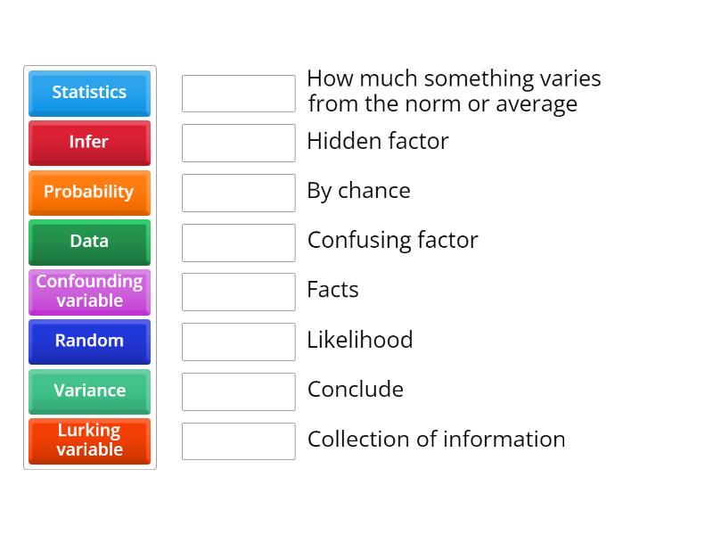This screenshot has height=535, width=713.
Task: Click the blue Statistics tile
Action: (89, 93)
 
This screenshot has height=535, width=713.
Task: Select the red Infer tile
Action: (89, 143)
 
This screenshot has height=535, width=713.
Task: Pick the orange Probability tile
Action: (89, 193)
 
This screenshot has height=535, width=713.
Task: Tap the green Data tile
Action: (89, 242)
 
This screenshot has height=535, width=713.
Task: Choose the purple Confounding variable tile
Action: (89, 292)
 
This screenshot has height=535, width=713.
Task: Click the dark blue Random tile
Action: (89, 342)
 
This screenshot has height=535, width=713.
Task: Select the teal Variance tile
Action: (89, 391)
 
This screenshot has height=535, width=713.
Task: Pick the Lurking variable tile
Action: (89, 440)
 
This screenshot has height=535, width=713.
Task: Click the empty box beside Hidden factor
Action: (238, 143)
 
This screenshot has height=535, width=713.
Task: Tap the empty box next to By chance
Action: (238, 193)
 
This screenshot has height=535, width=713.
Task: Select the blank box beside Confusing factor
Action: (238, 243)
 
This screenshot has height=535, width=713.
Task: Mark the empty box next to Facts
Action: (238, 292)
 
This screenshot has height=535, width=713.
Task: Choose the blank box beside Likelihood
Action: (238, 342)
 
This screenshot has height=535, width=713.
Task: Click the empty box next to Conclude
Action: (238, 391)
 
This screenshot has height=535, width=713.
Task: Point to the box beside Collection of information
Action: (238, 440)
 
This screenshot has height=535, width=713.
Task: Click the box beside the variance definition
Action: (238, 94)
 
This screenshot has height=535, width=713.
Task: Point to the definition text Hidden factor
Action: (377, 141)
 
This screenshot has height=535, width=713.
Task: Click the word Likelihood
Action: (359, 340)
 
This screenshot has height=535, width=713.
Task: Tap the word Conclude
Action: (355, 390)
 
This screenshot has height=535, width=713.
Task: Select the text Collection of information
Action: (436, 440)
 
